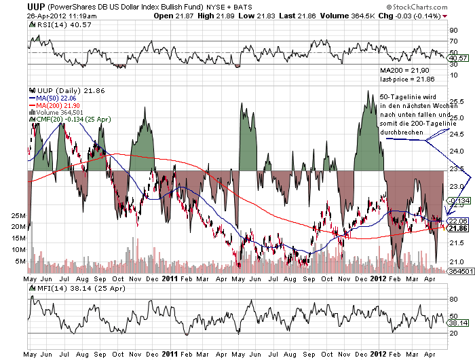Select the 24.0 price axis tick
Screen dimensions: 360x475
pos(456,151)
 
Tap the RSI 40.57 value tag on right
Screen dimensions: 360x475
pos(459,58)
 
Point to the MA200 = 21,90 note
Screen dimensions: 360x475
pos(404,70)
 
